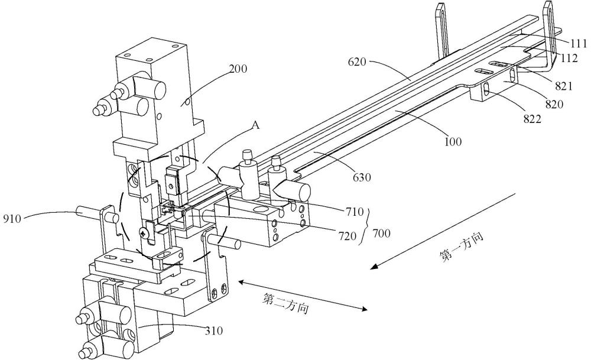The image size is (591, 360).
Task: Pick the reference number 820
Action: [554, 104]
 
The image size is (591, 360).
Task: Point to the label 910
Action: [12, 219]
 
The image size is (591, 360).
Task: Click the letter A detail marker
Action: [255, 125]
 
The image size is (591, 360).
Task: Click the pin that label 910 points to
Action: [89, 212]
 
